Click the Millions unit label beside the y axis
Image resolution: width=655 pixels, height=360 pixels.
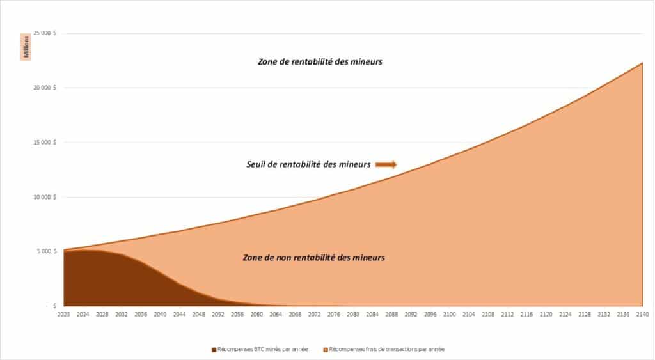click(x=27, y=47)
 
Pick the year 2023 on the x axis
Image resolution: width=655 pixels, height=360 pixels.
click(x=64, y=315)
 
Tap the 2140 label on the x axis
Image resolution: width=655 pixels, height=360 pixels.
click(x=642, y=315)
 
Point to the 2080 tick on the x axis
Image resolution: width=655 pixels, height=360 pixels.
click(x=353, y=315)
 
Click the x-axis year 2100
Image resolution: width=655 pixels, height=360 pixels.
click(x=450, y=315)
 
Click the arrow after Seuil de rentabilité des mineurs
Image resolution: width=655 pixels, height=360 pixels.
click(x=386, y=164)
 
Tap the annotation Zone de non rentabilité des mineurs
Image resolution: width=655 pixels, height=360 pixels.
click(x=313, y=258)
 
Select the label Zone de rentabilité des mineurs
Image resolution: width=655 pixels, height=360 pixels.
click(x=320, y=62)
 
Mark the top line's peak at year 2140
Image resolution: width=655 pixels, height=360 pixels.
click(x=642, y=63)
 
